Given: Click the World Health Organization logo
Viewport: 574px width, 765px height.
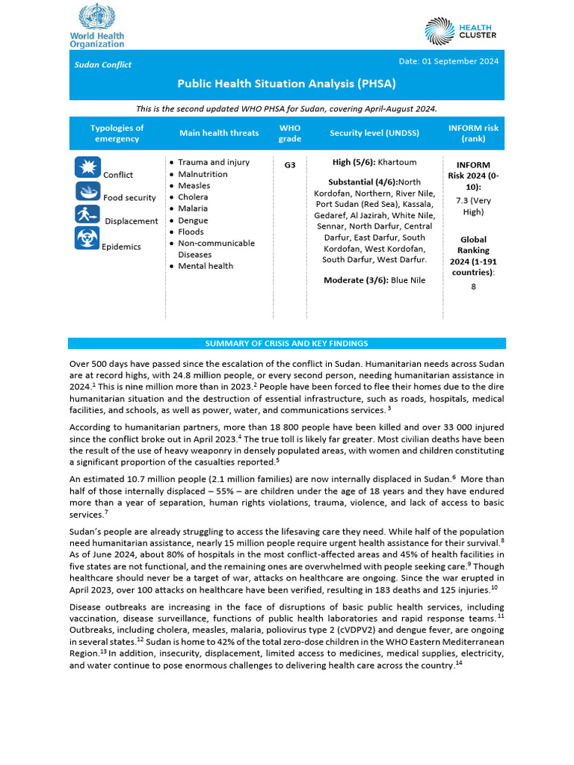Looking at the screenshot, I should [x=97, y=25].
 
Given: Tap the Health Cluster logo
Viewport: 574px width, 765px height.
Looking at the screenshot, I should [x=460, y=31].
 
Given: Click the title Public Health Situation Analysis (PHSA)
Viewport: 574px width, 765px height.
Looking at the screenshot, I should [x=286, y=84].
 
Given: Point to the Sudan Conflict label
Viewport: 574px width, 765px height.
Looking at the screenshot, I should [x=102, y=65].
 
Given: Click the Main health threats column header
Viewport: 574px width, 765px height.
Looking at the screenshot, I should [x=219, y=133].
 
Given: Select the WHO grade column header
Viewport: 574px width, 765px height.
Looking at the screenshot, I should [x=290, y=133].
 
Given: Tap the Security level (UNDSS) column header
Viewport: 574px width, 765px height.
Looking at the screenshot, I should [x=374, y=133].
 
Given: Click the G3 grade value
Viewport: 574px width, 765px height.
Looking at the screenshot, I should [x=290, y=164].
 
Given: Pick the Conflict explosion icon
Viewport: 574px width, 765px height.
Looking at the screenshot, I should [x=87, y=167].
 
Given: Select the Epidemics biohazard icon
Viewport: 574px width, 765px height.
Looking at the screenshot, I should [x=87, y=238].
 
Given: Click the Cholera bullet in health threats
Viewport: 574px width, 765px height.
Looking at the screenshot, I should [x=194, y=197].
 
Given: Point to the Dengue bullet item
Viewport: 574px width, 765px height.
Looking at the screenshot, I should [x=193, y=220].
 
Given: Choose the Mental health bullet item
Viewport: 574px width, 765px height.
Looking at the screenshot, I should [x=206, y=266].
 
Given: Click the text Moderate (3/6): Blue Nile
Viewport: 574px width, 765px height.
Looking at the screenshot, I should [x=374, y=280].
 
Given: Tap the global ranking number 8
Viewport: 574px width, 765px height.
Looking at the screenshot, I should [x=472, y=286].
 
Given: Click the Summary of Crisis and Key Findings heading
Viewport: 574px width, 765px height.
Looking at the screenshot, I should [x=286, y=344].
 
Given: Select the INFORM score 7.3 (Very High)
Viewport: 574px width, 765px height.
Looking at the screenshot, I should [x=472, y=206].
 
